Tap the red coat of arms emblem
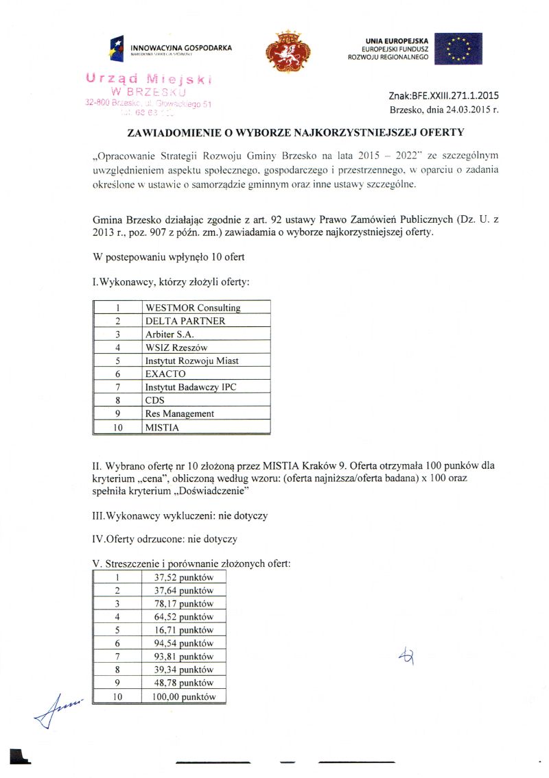pos(288,51)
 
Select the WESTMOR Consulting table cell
pos(193,308)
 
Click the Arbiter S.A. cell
pos(170,335)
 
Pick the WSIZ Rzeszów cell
pos(176,348)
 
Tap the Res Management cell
pos(180,414)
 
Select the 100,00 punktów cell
pos(184,696)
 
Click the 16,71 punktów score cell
pos(184,630)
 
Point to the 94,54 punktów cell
pos(184,643)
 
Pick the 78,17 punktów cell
pos(184,604)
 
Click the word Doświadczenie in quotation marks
pos(207,491)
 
